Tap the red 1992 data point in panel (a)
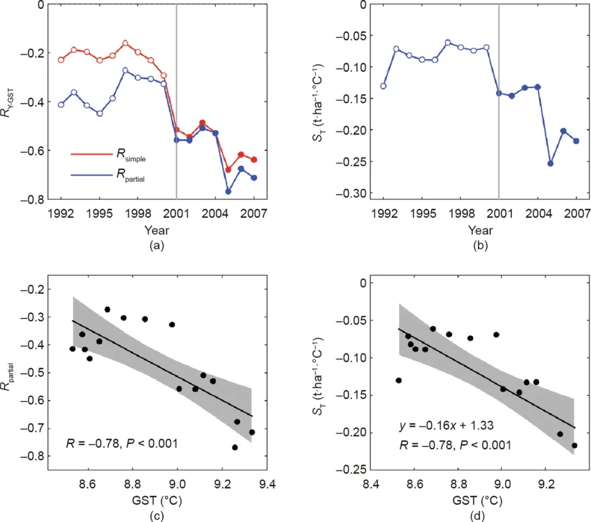click(61, 60)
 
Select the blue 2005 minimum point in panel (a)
click(228, 192)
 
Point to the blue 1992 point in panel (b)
click(383, 86)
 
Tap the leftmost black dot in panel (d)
click(398, 380)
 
